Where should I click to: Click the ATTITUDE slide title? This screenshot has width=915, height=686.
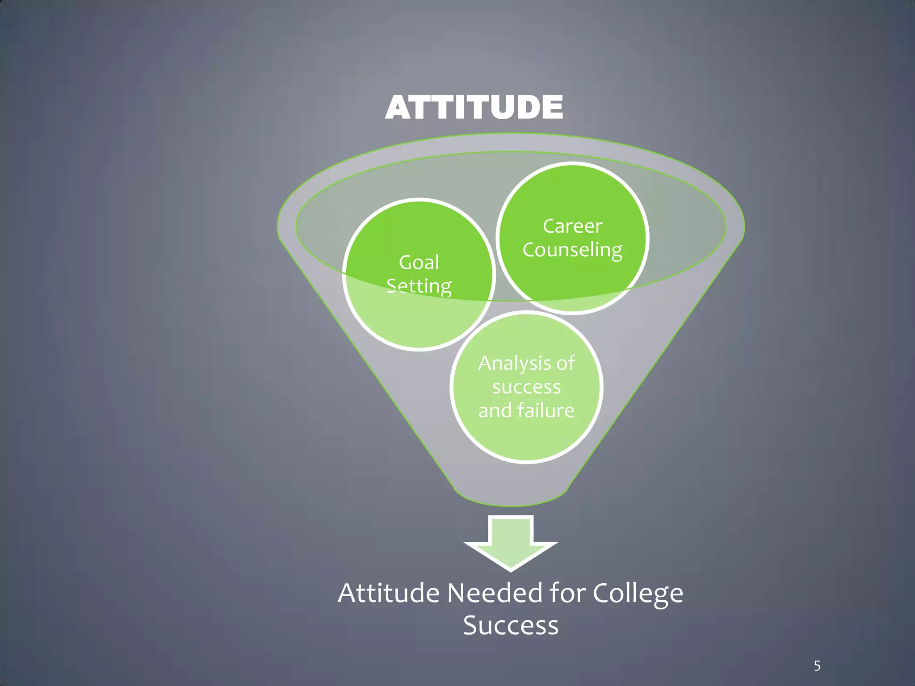[x=474, y=108]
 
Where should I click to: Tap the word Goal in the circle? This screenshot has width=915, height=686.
[x=419, y=262]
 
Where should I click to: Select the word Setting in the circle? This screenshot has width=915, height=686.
[x=419, y=286]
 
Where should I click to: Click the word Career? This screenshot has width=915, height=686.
[x=572, y=226]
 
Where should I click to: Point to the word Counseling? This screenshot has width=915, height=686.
[x=572, y=250]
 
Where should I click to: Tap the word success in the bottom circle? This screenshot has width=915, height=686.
[x=526, y=387]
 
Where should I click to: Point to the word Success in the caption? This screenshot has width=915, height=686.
[x=511, y=625]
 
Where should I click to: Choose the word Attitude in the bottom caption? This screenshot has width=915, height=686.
[x=388, y=594]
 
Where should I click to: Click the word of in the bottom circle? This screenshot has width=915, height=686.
[x=565, y=364]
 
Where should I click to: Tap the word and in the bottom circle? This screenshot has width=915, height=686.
[x=494, y=410]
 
